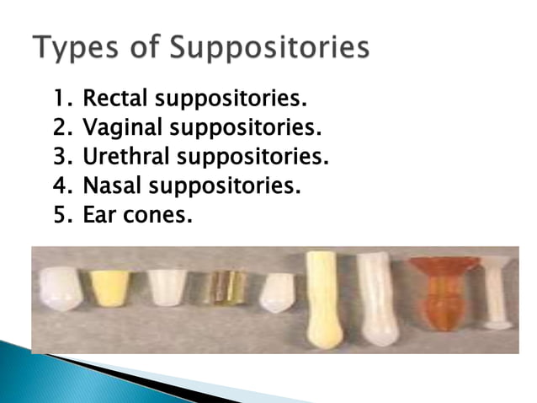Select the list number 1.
[60, 100]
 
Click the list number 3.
[60, 158]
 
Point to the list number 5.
[60, 215]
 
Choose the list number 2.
[60, 129]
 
